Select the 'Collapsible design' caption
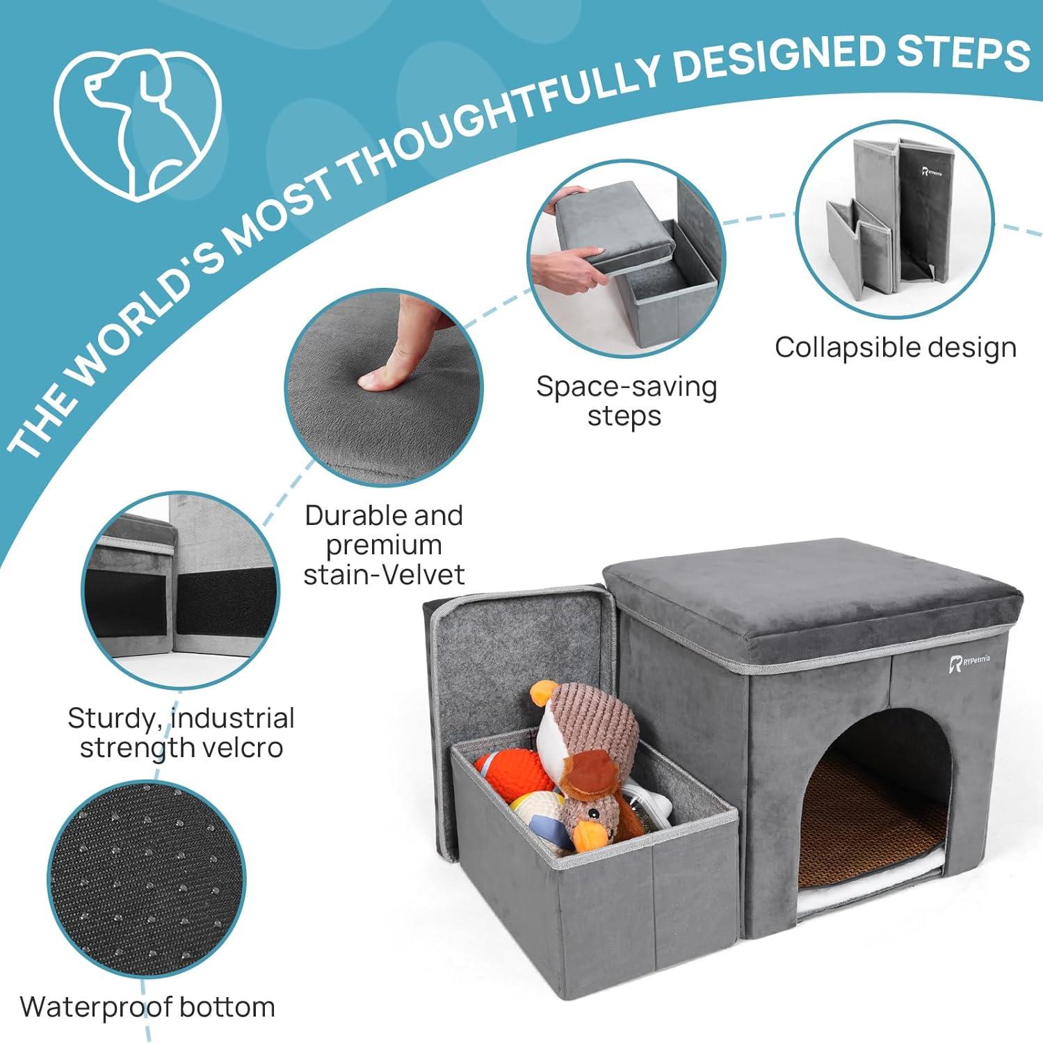pos(896,347)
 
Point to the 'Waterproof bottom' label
pos(147,1006)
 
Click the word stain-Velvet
pos(384,574)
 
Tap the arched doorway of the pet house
pos(873,800)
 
